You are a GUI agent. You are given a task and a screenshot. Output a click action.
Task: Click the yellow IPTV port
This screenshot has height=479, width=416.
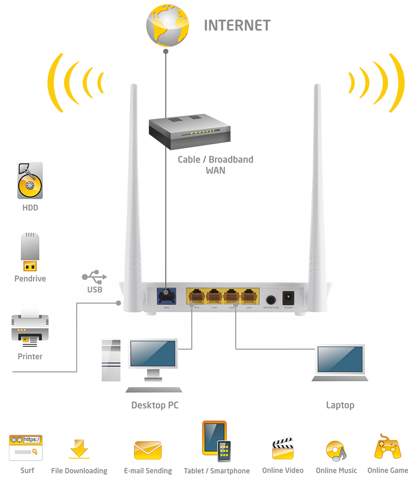[x=196, y=295]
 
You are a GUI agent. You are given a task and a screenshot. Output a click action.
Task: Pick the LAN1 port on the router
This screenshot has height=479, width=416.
[x=214, y=295]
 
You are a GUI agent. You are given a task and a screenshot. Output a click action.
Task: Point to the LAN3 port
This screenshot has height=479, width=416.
[x=249, y=295]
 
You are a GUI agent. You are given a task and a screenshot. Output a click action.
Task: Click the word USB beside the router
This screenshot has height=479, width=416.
[x=95, y=290]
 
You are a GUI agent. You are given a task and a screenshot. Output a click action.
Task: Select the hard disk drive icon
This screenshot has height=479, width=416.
[x=30, y=180]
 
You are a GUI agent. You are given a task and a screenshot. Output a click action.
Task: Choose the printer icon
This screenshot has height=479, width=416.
[x=30, y=330]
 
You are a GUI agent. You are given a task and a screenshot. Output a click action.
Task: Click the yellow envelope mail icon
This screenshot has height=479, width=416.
[x=148, y=450]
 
